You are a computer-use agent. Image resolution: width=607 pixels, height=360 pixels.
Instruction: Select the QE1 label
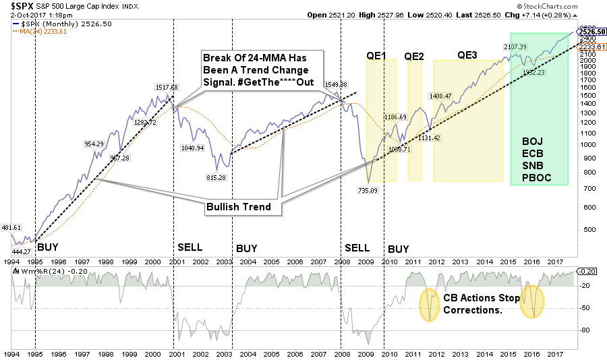click(376, 57)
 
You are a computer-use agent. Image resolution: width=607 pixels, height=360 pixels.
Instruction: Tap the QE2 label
click(414, 57)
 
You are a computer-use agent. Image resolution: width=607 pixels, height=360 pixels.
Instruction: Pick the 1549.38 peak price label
click(335, 84)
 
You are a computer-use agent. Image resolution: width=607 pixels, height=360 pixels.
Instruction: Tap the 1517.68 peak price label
click(165, 87)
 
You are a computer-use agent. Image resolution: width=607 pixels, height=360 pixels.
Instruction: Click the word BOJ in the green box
click(532, 141)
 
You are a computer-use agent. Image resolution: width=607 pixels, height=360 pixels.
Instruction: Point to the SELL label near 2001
click(190, 248)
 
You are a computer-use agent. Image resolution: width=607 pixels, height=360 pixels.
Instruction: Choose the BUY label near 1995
click(46, 248)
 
